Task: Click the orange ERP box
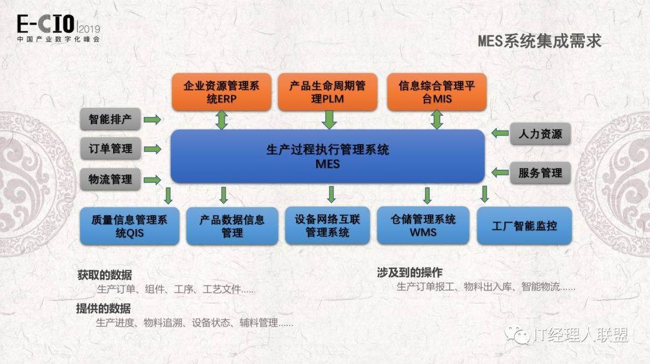click(221, 92)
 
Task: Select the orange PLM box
click(328, 92)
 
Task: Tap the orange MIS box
click(436, 92)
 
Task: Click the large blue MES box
click(327, 156)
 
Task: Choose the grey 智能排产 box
click(110, 119)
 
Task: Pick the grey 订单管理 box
click(110, 148)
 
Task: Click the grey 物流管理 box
click(110, 179)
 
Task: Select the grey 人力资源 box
click(540, 133)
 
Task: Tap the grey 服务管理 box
click(540, 173)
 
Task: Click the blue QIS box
click(129, 226)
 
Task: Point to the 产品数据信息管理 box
click(232, 226)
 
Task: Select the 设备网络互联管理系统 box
click(327, 226)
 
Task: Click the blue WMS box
click(423, 226)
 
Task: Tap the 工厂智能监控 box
click(524, 226)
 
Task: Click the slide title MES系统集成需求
click(539, 41)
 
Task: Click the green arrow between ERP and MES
click(221, 120)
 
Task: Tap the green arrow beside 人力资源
click(500, 133)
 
